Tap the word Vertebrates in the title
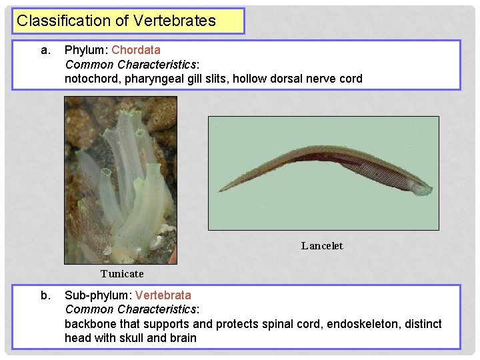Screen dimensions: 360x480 click(x=175, y=21)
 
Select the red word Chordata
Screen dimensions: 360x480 click(x=136, y=50)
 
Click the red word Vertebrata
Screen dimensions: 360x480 click(x=163, y=295)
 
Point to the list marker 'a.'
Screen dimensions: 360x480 click(x=45, y=50)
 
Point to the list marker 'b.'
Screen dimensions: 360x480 click(x=45, y=295)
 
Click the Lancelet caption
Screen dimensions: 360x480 click(x=322, y=246)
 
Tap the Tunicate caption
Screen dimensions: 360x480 click(x=122, y=274)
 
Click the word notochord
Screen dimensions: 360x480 click(x=90, y=79)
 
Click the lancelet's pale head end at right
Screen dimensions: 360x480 click(x=423, y=189)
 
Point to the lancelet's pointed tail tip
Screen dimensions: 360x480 click(x=220, y=191)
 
